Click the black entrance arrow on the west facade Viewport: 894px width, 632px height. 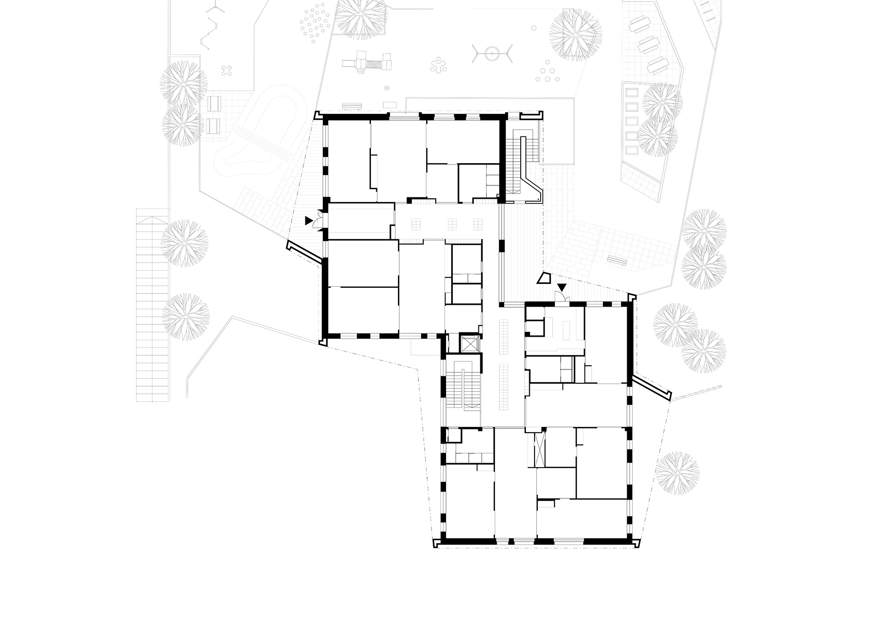coord(309,221)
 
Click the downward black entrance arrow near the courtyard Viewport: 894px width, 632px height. coord(562,287)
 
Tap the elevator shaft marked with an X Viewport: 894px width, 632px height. coord(470,343)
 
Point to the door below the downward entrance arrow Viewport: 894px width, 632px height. coord(562,297)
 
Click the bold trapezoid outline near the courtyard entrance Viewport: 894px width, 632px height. coord(543,278)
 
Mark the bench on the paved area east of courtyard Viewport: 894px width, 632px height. coord(617,260)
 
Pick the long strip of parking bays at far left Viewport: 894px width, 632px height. coord(152,304)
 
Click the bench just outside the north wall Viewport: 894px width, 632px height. coord(352,106)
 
